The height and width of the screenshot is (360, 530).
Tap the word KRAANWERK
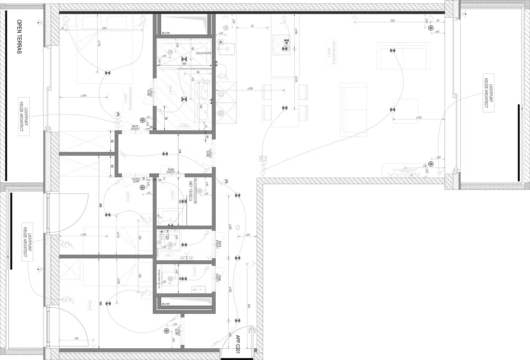pyautogui.click(x=204, y=53)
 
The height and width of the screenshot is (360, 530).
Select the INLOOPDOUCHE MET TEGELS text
pyautogui.click(x=193, y=191)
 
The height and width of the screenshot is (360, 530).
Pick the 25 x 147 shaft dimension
pyautogui.click(x=166, y=304)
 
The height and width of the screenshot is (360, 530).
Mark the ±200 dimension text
pyautogui.click(x=250, y=88)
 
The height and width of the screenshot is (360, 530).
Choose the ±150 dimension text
pyautogui.click(x=419, y=118)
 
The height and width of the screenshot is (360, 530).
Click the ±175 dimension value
pyautogui.click(x=296, y=80)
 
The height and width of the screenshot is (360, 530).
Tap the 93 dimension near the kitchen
pyautogui.click(x=252, y=26)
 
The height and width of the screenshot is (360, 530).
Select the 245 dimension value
pyautogui.click(x=249, y=306)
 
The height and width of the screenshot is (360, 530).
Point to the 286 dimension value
pyautogui.click(x=100, y=206)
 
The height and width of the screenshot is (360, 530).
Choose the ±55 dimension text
pyautogui.click(x=248, y=235)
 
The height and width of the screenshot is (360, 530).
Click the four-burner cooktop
pyautogui.click(x=281, y=44)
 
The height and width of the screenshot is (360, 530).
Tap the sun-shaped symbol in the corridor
pyautogui.click(x=238, y=227)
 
